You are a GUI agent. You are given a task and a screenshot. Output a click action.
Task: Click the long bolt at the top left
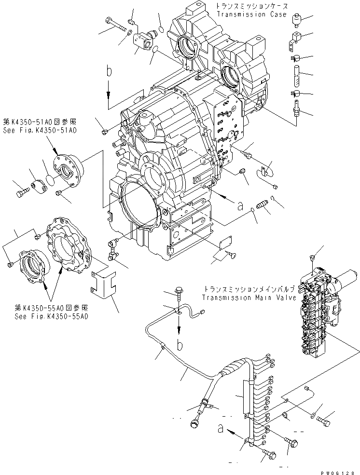(115, 25)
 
